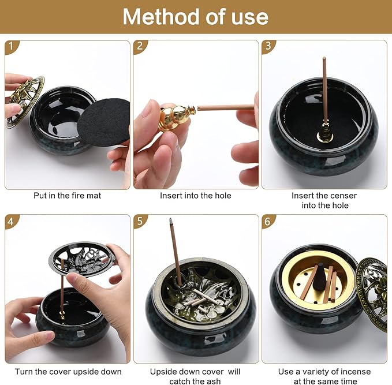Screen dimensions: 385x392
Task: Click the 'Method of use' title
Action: pyautogui.click(x=195, y=17)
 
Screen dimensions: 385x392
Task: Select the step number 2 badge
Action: pyautogui.click(x=140, y=47)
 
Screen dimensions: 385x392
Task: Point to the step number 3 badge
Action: pyautogui.click(x=268, y=47)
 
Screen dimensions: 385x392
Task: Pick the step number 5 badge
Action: pyautogui.click(x=140, y=221)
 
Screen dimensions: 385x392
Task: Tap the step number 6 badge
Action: pyautogui.click(x=268, y=221)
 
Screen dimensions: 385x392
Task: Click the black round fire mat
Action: pyautogui.click(x=104, y=122)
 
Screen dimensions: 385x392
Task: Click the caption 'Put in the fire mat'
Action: pyautogui.click(x=67, y=196)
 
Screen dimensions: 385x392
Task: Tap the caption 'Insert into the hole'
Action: pyautogui.click(x=196, y=196)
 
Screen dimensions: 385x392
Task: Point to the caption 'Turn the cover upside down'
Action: pyautogui.click(x=67, y=371)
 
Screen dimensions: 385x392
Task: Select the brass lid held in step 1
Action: pyautogui.click(x=25, y=101)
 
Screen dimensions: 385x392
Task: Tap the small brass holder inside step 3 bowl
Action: pyautogui.click(x=325, y=135)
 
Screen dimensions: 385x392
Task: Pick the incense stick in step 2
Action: pyautogui.click(x=225, y=107)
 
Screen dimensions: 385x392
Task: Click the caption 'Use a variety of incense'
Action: pyautogui.click(x=324, y=371)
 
